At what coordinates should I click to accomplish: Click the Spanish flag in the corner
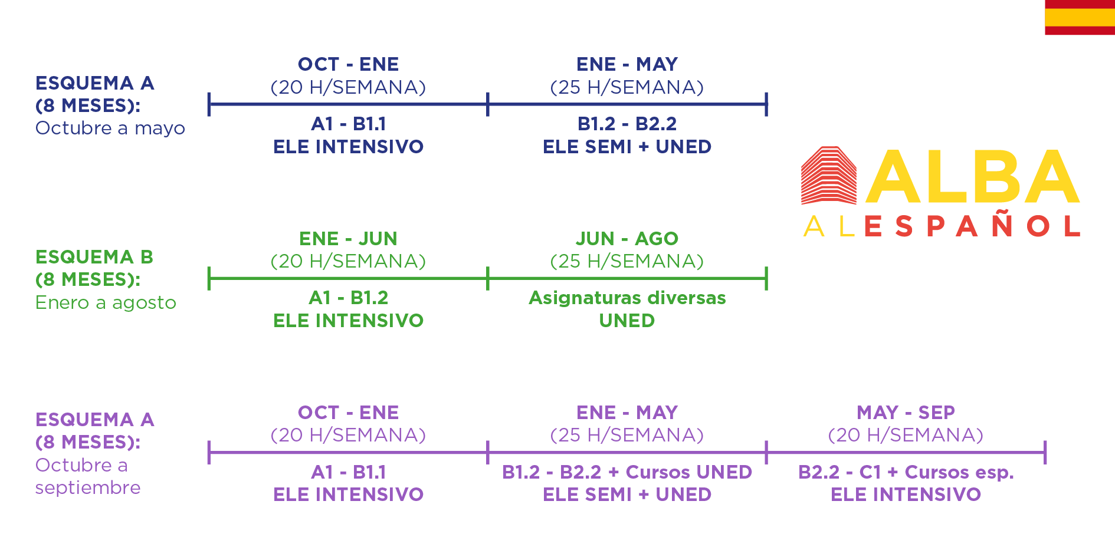[1080, 17]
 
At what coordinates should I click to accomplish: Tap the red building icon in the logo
[829, 175]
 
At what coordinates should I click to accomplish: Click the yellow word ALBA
[972, 176]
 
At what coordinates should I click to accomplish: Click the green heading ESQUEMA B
[94, 257]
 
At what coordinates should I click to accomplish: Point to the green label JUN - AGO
[627, 239]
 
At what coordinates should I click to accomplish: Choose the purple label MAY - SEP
[906, 413]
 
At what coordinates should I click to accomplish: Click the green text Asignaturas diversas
[627, 298]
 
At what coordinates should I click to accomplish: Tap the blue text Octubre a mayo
[110, 128]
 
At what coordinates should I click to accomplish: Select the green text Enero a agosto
[106, 303]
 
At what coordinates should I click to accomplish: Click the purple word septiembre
[88, 488]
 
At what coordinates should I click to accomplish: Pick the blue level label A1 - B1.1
[349, 124]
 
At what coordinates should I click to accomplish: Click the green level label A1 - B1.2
[349, 298]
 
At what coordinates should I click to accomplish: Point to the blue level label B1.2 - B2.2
[627, 124]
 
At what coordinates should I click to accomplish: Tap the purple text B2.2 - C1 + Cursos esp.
[906, 472]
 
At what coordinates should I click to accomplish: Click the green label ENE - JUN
[348, 239]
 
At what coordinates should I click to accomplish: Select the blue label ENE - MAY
[627, 64]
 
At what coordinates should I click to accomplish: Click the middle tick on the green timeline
[488, 278]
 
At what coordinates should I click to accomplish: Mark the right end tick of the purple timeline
[1045, 452]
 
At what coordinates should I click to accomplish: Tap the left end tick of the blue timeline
[209, 104]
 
